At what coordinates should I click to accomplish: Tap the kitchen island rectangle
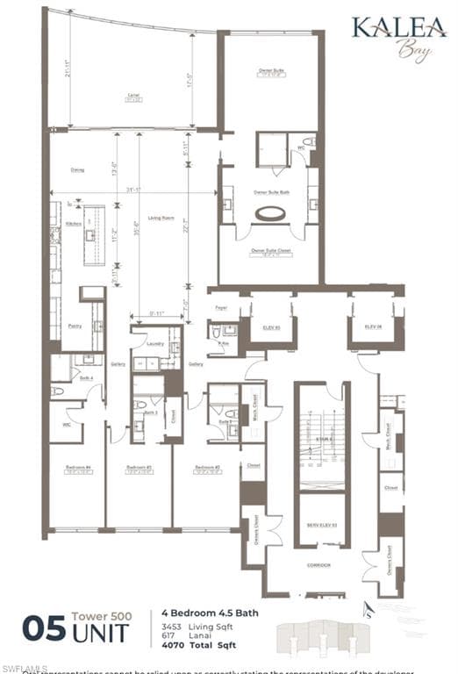(94, 235)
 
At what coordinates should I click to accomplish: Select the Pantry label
(75, 326)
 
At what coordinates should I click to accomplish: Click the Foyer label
(221, 308)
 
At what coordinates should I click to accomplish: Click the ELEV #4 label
(374, 326)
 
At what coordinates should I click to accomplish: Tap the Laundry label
(155, 345)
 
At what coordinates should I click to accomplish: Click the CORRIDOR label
(319, 565)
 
